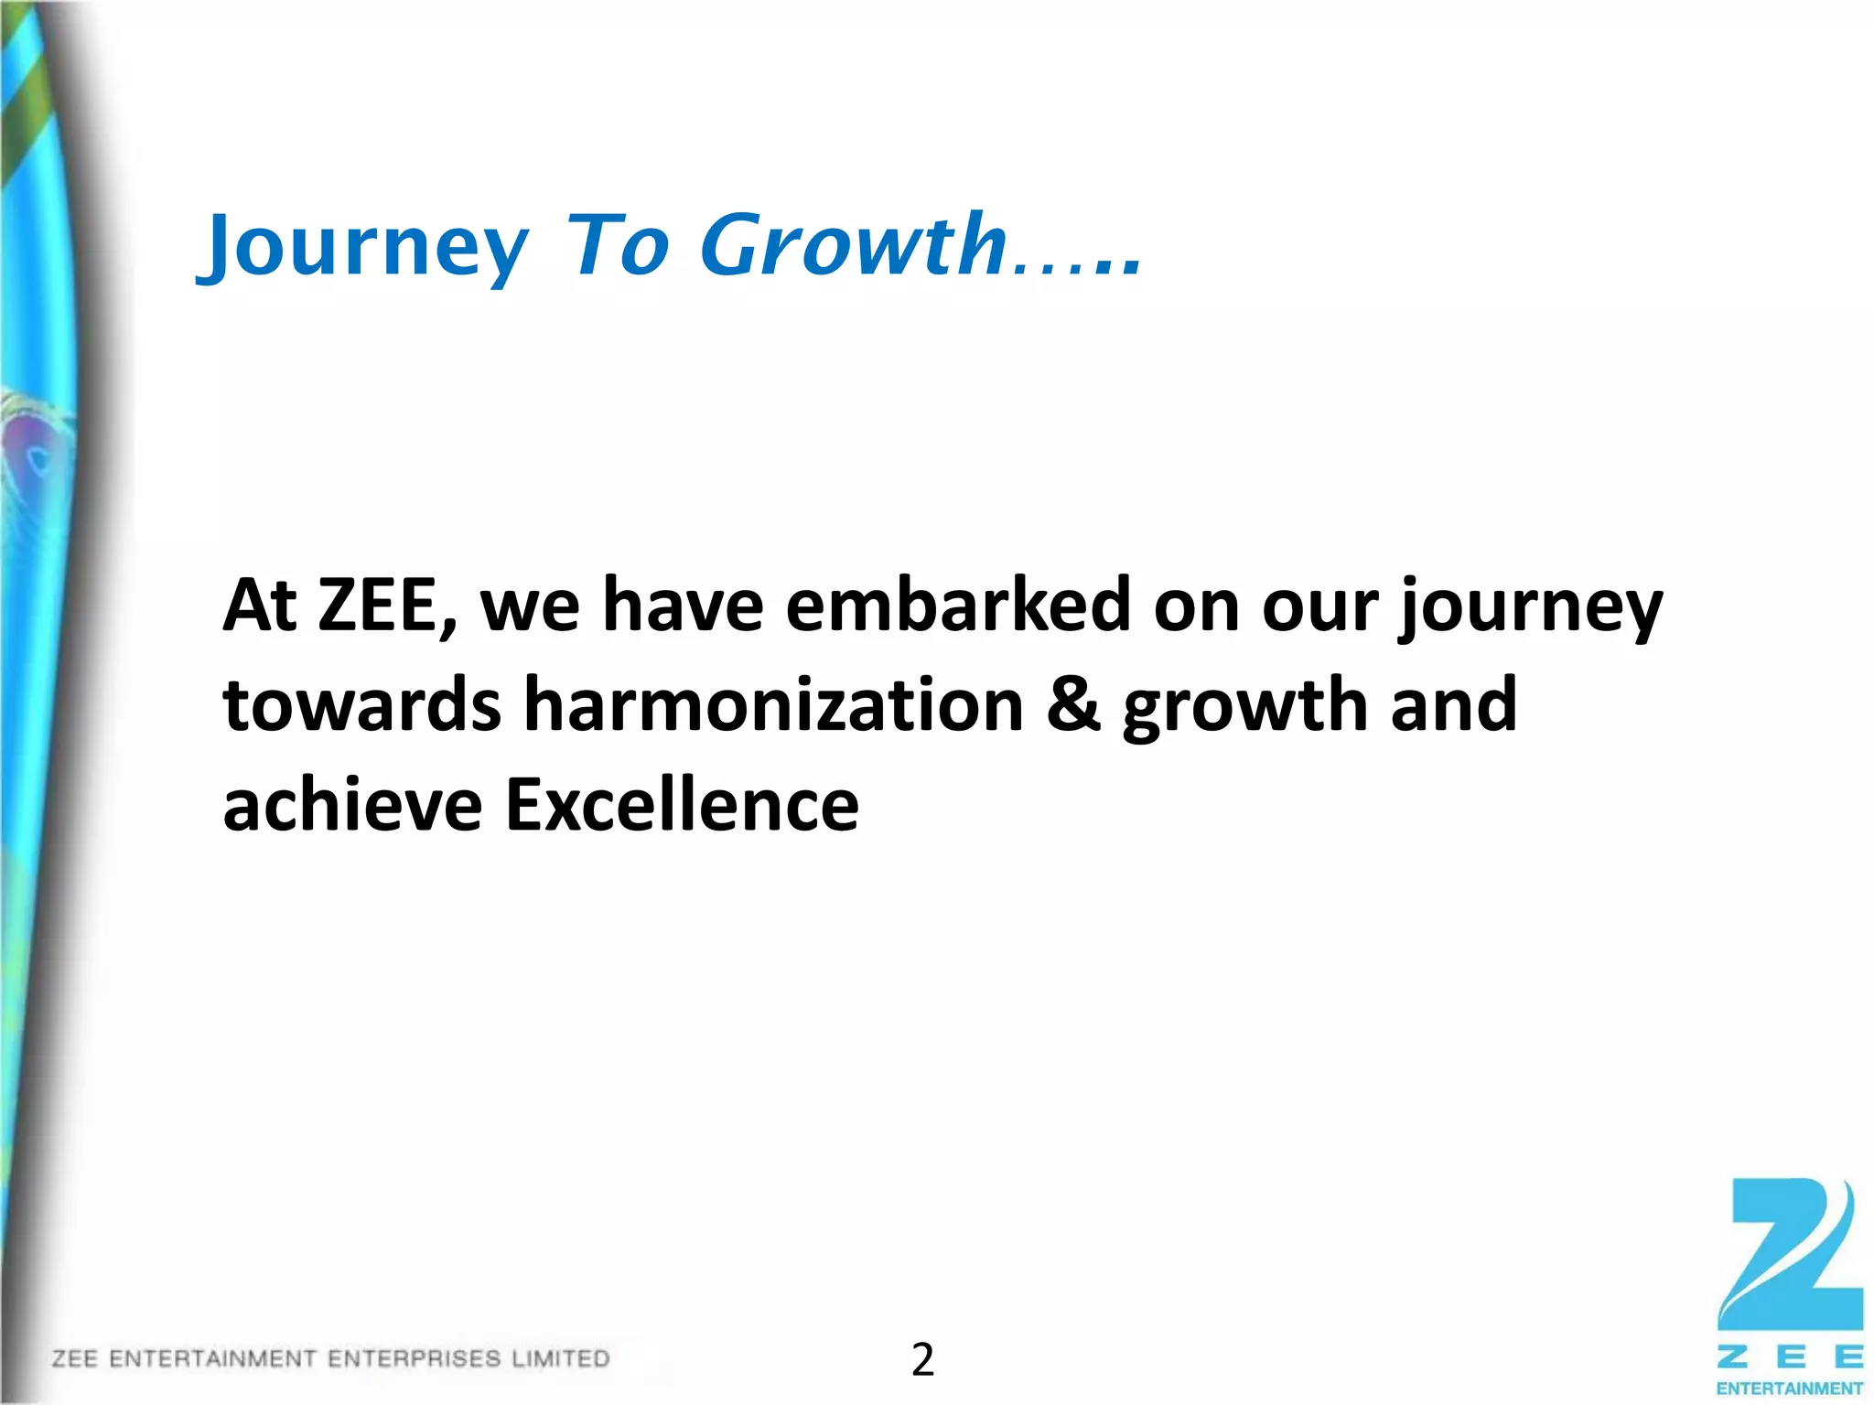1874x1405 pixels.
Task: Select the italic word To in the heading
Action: tap(618, 245)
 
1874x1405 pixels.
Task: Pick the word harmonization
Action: tap(773, 705)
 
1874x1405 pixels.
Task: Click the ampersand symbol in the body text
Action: tap(1073, 705)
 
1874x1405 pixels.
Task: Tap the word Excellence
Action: tap(682, 805)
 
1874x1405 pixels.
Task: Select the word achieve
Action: tap(352, 805)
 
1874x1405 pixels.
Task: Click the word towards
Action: tap(362, 705)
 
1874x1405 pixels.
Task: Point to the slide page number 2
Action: tap(922, 1360)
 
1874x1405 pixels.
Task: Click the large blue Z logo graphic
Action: tap(1790, 1254)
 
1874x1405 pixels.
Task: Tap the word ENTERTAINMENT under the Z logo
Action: tap(1790, 1389)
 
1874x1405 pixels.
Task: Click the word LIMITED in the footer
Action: tap(560, 1358)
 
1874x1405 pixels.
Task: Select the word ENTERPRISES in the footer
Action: tap(414, 1358)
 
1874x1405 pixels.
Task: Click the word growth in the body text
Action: tap(1245, 707)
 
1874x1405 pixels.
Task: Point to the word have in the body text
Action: tap(683, 606)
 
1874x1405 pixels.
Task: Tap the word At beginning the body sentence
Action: tap(260, 606)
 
